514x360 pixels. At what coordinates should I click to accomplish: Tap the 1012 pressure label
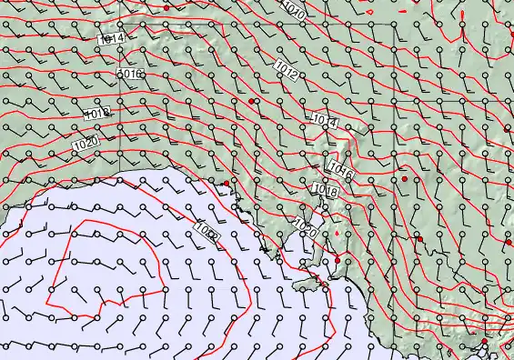(286, 69)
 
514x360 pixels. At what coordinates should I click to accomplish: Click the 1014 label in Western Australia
(111, 39)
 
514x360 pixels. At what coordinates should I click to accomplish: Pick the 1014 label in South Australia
(323, 121)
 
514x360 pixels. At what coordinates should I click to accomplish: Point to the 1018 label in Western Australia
(97, 114)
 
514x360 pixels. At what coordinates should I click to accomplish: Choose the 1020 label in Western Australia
(86, 144)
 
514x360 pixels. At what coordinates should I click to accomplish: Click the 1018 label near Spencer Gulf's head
(325, 191)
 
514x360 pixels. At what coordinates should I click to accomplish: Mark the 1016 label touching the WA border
(131, 74)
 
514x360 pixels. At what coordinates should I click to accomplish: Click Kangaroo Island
(309, 284)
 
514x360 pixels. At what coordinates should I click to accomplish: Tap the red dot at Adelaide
(337, 261)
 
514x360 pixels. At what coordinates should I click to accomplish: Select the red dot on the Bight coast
(227, 184)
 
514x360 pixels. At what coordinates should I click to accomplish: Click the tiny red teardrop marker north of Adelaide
(336, 234)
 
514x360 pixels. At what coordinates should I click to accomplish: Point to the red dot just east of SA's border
(405, 179)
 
